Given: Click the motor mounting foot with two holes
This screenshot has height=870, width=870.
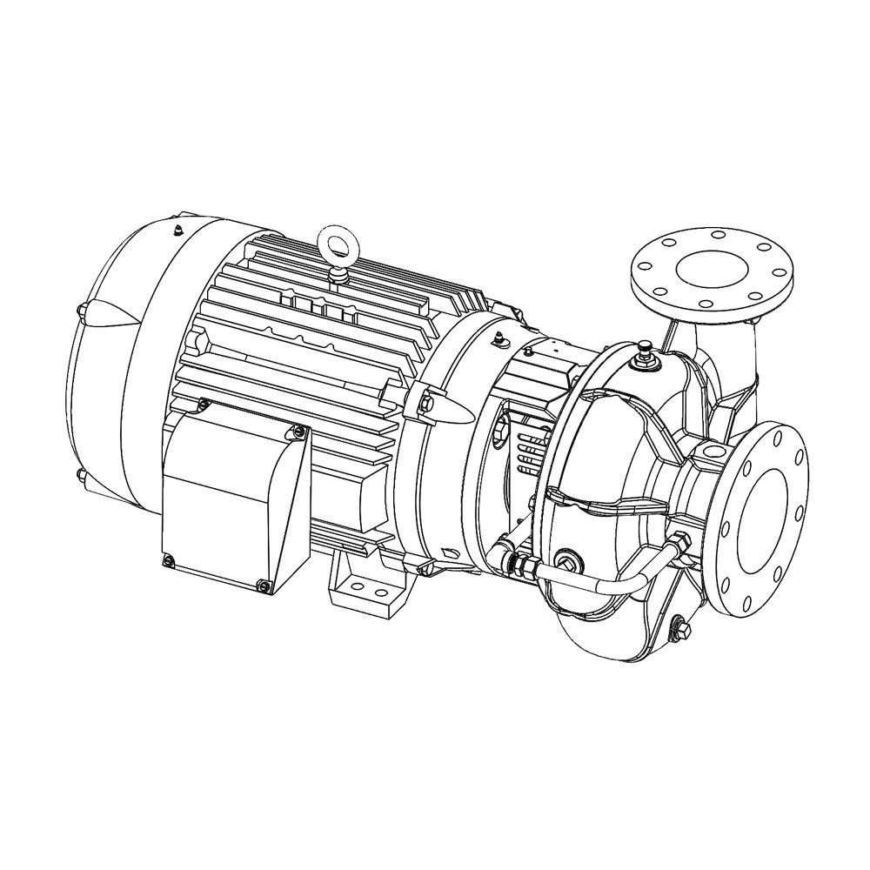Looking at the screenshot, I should pyautogui.click(x=365, y=584).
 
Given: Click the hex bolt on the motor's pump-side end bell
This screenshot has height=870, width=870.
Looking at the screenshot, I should pyautogui.click(x=426, y=402).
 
